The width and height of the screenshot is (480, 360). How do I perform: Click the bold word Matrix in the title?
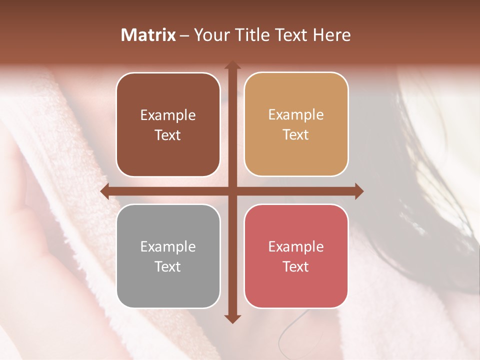point(148,35)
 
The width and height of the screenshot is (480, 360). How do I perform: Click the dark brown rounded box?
point(168,125)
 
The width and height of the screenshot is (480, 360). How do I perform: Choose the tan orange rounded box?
point(296,124)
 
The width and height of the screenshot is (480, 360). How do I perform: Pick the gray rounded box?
point(168,256)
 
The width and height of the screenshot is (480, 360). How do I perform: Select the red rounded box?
point(296,256)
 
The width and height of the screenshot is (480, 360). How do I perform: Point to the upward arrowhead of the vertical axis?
point(232,65)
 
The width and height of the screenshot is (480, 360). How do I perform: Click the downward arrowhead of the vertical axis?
point(232,319)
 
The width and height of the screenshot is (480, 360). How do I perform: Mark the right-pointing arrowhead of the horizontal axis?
point(359,191)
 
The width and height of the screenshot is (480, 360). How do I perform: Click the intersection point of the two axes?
point(232,191)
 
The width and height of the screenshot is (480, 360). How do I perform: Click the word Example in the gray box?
point(168,246)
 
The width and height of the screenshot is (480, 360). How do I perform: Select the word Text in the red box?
point(296,266)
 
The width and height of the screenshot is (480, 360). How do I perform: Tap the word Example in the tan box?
point(296,115)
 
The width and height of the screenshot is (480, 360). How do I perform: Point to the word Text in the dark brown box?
point(168,135)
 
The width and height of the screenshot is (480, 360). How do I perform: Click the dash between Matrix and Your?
point(184,35)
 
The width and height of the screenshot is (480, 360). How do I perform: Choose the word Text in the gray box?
point(168,266)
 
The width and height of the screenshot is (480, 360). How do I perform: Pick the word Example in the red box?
point(296,246)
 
